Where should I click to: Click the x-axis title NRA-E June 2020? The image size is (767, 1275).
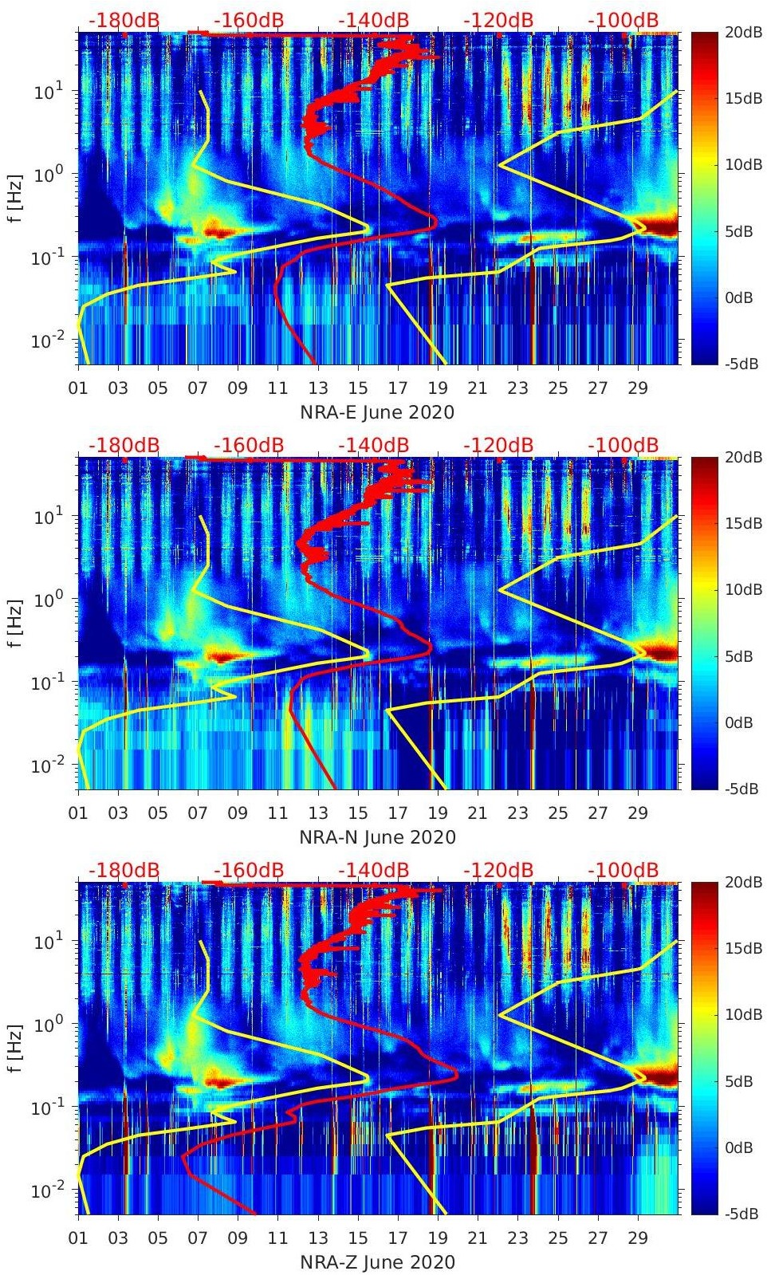tap(377, 412)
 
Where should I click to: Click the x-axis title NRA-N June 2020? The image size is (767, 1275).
tap(377, 837)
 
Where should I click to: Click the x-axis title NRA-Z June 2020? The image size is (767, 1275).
tap(377, 1262)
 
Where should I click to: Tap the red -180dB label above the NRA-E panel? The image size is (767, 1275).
tap(124, 20)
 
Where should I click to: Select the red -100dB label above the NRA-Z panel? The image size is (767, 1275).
tap(623, 870)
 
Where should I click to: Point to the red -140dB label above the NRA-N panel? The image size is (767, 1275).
tap(373, 445)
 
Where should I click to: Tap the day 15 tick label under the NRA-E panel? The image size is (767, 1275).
tap(358, 388)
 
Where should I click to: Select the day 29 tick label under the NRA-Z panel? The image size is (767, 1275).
tap(637, 1238)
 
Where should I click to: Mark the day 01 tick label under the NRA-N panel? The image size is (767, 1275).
tap(78, 813)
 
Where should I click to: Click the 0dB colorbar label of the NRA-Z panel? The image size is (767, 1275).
tap(738, 1148)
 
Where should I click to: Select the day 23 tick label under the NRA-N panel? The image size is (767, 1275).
tap(517, 813)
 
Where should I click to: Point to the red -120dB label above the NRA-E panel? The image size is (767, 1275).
tap(498, 20)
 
